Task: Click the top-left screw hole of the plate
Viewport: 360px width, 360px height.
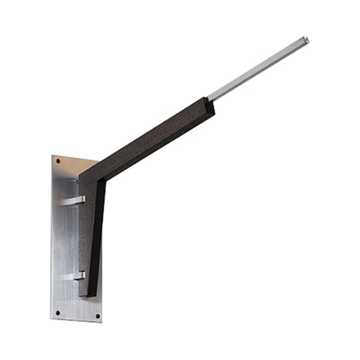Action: (x=57, y=164)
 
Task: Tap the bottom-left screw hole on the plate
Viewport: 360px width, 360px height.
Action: (x=58, y=312)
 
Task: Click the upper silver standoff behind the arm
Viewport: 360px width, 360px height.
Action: (x=72, y=201)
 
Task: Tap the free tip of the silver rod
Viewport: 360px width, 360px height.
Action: (x=305, y=40)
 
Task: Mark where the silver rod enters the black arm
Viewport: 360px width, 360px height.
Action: (x=211, y=97)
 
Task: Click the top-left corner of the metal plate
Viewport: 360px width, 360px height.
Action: (x=52, y=157)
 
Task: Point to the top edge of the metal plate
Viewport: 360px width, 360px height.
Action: (x=73, y=159)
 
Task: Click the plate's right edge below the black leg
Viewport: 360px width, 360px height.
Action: (x=101, y=303)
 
